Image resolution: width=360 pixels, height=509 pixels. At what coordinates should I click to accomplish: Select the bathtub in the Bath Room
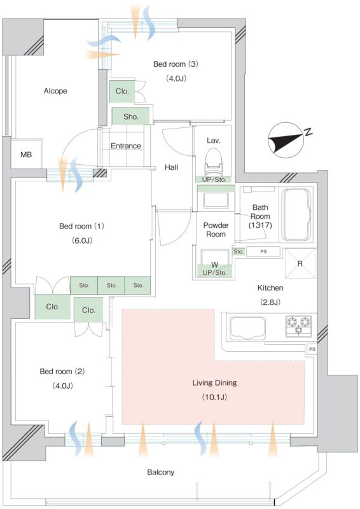pyautogui.click(x=297, y=214)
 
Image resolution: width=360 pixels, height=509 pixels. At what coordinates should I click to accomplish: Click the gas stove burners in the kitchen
pyautogui.click(x=298, y=326)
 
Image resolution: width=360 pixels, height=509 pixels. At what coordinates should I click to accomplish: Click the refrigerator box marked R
pyautogui.click(x=300, y=263)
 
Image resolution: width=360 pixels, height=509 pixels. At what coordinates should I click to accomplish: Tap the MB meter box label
pyautogui.click(x=26, y=155)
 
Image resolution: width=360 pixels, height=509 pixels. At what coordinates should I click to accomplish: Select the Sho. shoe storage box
pyautogui.click(x=131, y=116)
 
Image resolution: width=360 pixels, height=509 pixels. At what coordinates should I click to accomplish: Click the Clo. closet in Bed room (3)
pyautogui.click(x=122, y=91)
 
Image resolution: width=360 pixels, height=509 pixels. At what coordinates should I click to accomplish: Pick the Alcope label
pyautogui.click(x=55, y=91)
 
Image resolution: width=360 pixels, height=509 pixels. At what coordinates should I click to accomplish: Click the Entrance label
pyautogui.click(x=126, y=146)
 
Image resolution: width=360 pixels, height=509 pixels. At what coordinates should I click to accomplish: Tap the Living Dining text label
pyautogui.click(x=214, y=382)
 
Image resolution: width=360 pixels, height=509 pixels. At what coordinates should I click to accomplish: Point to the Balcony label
pyautogui.click(x=161, y=472)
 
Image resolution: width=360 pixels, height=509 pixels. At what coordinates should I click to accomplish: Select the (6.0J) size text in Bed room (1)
pyautogui.click(x=82, y=241)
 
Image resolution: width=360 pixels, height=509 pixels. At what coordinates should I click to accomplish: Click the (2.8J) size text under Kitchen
pyautogui.click(x=270, y=302)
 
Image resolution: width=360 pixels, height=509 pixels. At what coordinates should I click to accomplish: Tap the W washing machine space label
pyautogui.click(x=214, y=265)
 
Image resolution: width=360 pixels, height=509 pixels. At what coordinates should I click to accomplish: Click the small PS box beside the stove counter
pyautogui.click(x=312, y=349)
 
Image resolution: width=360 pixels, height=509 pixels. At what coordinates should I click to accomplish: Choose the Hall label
pyautogui.click(x=171, y=167)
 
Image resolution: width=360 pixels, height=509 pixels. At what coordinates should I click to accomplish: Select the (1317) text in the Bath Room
pyautogui.click(x=260, y=225)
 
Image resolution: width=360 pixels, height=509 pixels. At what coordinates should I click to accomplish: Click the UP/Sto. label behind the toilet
pyautogui.click(x=214, y=179)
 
